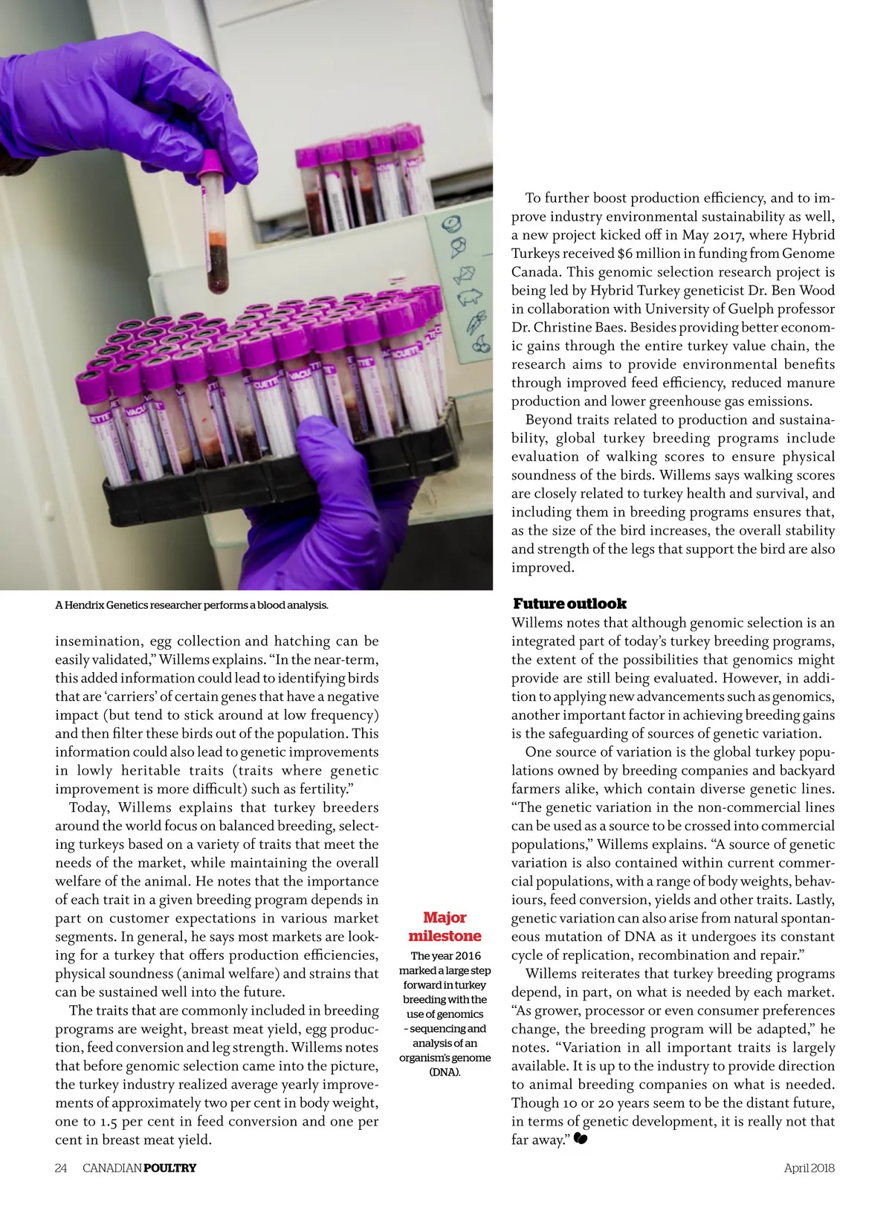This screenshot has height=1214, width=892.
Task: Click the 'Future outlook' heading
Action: point(569,604)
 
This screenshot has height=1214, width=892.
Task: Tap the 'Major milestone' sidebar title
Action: point(445,927)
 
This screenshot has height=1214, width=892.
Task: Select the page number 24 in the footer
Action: point(61,1168)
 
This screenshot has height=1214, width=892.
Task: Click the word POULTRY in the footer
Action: point(169,1168)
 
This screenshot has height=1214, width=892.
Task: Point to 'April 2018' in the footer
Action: point(809,1168)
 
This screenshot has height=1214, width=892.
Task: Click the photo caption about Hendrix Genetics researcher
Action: point(192,605)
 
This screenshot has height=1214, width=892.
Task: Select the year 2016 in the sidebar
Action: point(467,956)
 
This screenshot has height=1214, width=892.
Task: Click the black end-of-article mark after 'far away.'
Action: point(581,1139)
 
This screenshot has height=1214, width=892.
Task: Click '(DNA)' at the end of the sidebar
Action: point(445,1072)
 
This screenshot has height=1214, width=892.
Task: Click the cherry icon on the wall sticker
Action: point(482,343)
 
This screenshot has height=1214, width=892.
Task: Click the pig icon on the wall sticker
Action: point(470,297)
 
